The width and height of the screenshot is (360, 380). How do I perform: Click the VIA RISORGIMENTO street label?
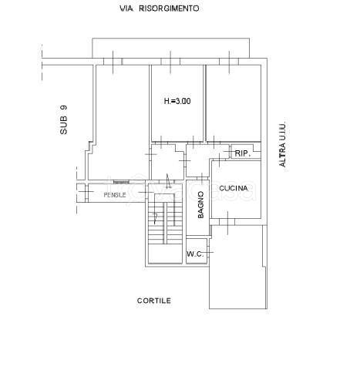(x=160, y=8)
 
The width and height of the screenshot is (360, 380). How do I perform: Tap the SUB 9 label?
(x=63, y=119)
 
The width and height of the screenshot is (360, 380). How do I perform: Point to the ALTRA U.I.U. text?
(x=282, y=143)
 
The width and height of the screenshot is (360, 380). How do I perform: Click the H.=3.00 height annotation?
(x=177, y=101)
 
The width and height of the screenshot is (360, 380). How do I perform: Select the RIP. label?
(x=243, y=153)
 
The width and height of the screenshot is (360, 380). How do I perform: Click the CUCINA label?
(x=234, y=188)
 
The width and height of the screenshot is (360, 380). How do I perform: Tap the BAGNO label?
(x=200, y=205)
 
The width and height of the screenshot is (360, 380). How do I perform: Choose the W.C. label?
(x=195, y=254)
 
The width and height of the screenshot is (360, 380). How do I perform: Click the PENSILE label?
(x=115, y=195)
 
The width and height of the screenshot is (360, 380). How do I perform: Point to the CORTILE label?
(x=154, y=301)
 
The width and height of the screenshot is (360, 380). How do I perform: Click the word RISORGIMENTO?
(x=169, y=8)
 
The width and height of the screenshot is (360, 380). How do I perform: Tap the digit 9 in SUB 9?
(x=63, y=108)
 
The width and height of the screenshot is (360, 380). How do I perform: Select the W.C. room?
(x=197, y=251)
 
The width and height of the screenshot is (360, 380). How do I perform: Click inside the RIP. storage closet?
(x=245, y=152)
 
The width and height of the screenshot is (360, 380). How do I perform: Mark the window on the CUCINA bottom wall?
(x=227, y=222)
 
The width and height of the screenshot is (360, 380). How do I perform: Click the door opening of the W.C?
(x=209, y=252)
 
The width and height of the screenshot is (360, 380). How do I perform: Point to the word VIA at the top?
(x=126, y=8)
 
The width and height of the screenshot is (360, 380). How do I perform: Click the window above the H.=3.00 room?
(x=170, y=62)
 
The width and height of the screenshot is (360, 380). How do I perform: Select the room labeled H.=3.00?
(x=177, y=103)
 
